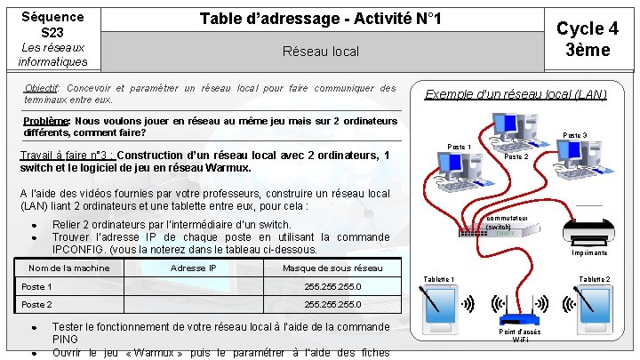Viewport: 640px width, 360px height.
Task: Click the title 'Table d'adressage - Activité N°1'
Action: click(x=320, y=19)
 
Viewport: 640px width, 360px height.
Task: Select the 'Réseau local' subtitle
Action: click(x=320, y=52)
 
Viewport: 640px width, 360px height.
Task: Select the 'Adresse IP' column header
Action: click(x=193, y=268)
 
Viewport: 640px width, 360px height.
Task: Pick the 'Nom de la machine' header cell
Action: click(x=68, y=268)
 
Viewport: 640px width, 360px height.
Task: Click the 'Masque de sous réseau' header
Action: click(x=332, y=268)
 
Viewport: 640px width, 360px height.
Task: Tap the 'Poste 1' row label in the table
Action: click(x=36, y=287)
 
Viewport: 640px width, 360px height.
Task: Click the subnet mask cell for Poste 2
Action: click(x=332, y=304)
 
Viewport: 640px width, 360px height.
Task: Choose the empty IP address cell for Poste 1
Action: click(x=193, y=287)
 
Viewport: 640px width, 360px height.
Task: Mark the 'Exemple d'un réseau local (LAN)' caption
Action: click(x=516, y=93)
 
